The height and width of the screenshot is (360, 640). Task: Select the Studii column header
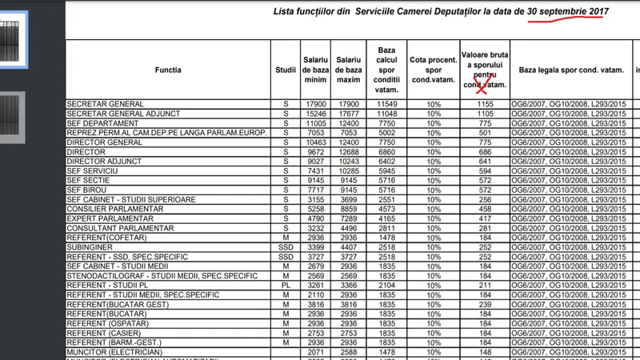(285, 70)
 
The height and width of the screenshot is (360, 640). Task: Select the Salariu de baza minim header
(314, 70)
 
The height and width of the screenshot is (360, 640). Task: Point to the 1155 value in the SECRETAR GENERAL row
(485, 105)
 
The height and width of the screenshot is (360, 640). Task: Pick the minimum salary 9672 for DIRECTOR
(314, 150)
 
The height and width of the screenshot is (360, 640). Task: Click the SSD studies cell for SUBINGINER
(285, 248)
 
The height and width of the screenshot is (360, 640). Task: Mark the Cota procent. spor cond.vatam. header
(434, 70)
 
